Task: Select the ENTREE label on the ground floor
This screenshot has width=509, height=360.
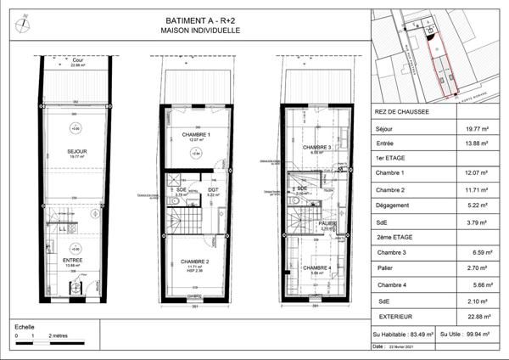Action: click(x=74, y=261)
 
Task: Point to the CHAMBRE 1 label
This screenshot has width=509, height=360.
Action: click(x=196, y=135)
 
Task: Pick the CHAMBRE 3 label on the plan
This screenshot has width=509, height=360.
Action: click(x=317, y=147)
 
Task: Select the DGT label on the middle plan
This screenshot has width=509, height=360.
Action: click(x=213, y=189)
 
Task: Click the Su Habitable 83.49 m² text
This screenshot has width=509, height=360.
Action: click(x=403, y=335)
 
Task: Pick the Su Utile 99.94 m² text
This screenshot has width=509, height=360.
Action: click(x=472, y=335)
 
